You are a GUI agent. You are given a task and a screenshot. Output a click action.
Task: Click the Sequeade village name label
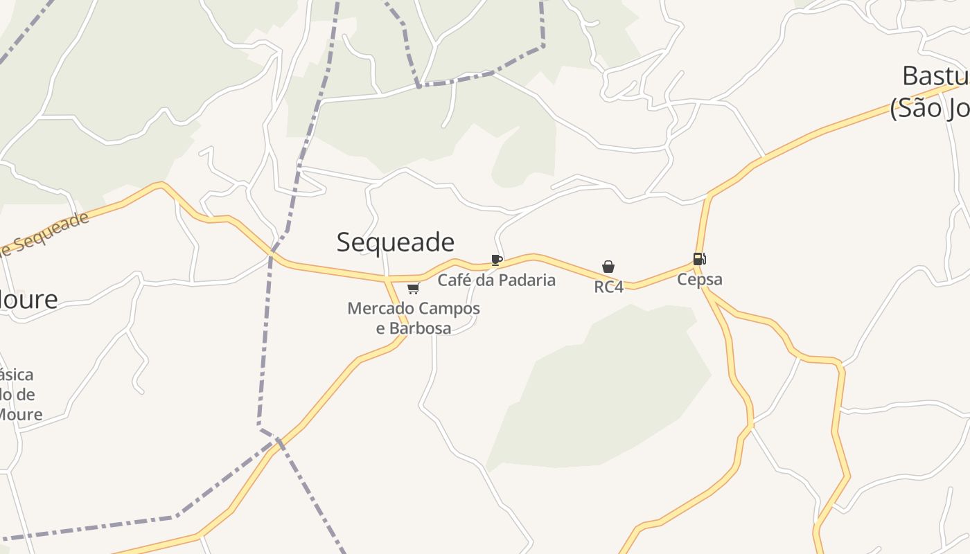[x=395, y=242]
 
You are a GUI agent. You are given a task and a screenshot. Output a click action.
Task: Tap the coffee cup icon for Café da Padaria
[x=496, y=260]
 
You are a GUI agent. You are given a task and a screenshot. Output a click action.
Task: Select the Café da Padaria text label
[x=496, y=280]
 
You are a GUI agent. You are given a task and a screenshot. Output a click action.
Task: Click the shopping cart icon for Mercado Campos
[x=413, y=288]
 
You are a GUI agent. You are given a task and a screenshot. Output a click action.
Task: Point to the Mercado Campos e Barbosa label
[x=414, y=318]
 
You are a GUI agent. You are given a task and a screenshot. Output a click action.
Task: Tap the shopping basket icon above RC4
[x=608, y=267]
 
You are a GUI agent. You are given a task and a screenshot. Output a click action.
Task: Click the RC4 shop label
[x=608, y=287]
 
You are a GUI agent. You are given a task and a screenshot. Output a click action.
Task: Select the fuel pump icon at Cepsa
[x=699, y=259]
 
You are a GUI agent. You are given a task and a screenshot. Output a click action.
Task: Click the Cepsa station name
[x=699, y=280]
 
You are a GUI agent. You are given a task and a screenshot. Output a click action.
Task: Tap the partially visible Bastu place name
[x=935, y=75]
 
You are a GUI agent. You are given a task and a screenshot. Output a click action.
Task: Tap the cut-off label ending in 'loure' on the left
[x=29, y=300]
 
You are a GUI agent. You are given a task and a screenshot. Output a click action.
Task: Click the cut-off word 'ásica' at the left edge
[x=17, y=375]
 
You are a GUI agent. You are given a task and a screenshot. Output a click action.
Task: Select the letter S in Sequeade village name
[x=344, y=242]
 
